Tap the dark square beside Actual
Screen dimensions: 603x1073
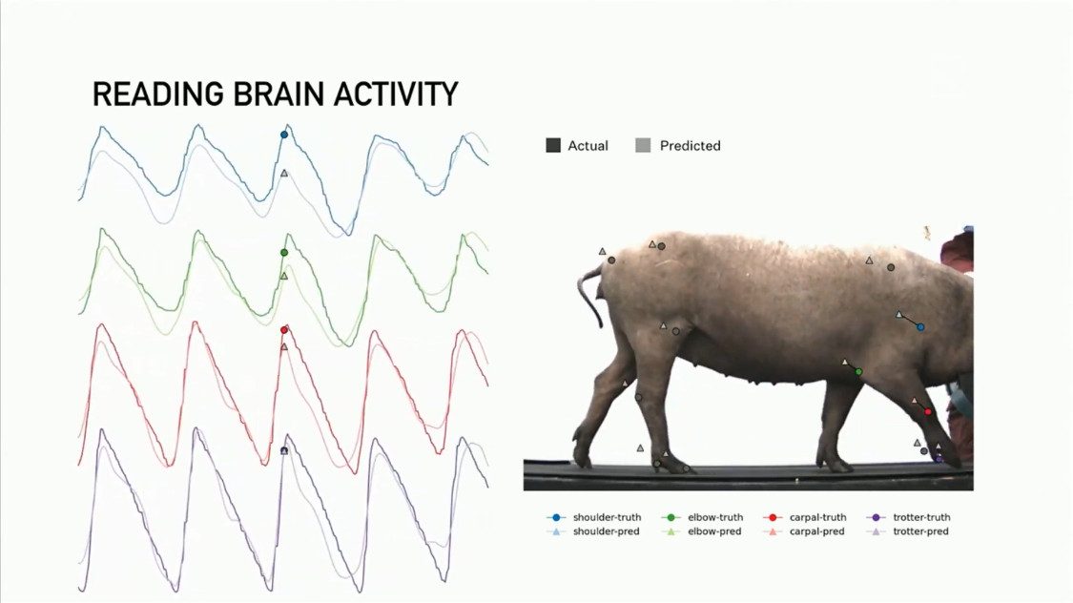[553, 146]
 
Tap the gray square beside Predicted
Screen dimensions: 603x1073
[644, 146]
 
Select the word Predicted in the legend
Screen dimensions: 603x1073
[690, 146]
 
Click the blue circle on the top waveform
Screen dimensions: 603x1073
[283, 135]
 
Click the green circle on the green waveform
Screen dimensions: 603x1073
[283, 253]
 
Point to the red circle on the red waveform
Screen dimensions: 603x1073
[284, 330]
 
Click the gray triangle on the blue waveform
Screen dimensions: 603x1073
[284, 174]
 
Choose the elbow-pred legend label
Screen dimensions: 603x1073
[714, 531]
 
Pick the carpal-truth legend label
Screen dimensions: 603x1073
[817, 517]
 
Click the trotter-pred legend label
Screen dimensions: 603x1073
[920, 531]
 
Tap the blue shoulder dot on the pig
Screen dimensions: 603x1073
[920, 327]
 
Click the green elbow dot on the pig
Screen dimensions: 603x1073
[859, 371]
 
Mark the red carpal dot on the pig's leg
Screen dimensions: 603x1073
[928, 411]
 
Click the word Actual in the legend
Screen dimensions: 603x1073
[588, 146]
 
